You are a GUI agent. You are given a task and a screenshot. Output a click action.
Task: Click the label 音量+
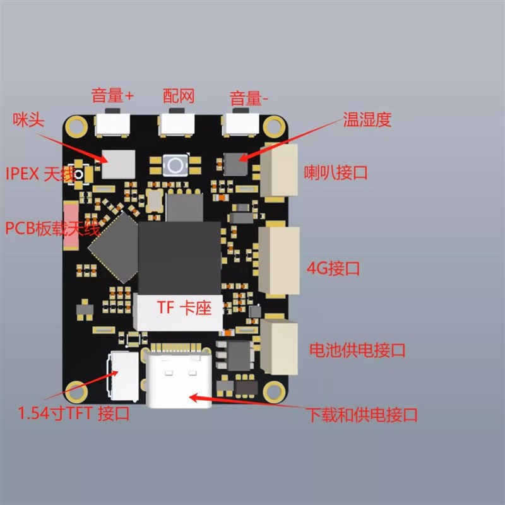point(112,96)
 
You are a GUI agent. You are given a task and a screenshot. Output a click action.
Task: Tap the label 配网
point(178,95)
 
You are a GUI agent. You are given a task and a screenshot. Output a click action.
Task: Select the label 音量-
point(249,98)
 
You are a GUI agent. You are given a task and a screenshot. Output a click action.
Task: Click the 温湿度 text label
point(367,120)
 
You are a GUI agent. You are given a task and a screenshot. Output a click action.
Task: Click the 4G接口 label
point(333,268)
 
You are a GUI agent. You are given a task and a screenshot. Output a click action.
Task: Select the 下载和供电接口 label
point(362,415)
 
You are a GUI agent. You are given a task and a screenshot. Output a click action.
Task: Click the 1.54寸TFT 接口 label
point(73,415)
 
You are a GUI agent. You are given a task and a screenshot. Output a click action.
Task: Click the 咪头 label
point(28,120)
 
